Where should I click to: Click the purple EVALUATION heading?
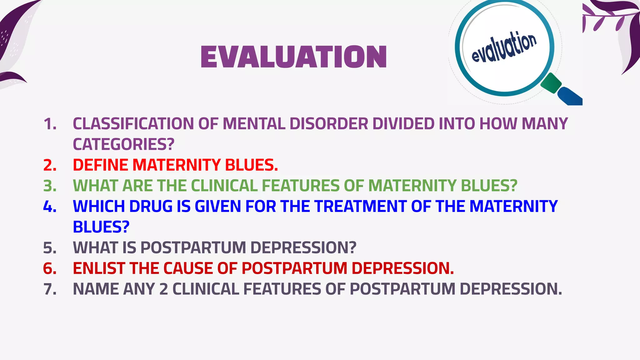click(294, 57)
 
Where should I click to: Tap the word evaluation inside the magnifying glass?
click(504, 47)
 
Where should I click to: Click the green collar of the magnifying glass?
click(551, 83)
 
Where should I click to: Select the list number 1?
click(50, 124)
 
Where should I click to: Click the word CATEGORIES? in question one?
click(123, 144)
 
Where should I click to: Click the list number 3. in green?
click(50, 186)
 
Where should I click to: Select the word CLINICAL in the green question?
click(224, 186)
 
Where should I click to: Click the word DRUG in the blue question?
click(151, 206)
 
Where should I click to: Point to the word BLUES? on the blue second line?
click(101, 227)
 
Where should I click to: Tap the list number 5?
click(50, 248)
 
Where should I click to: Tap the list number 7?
click(50, 289)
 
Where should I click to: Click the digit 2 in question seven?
click(163, 289)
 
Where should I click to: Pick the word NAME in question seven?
click(96, 289)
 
